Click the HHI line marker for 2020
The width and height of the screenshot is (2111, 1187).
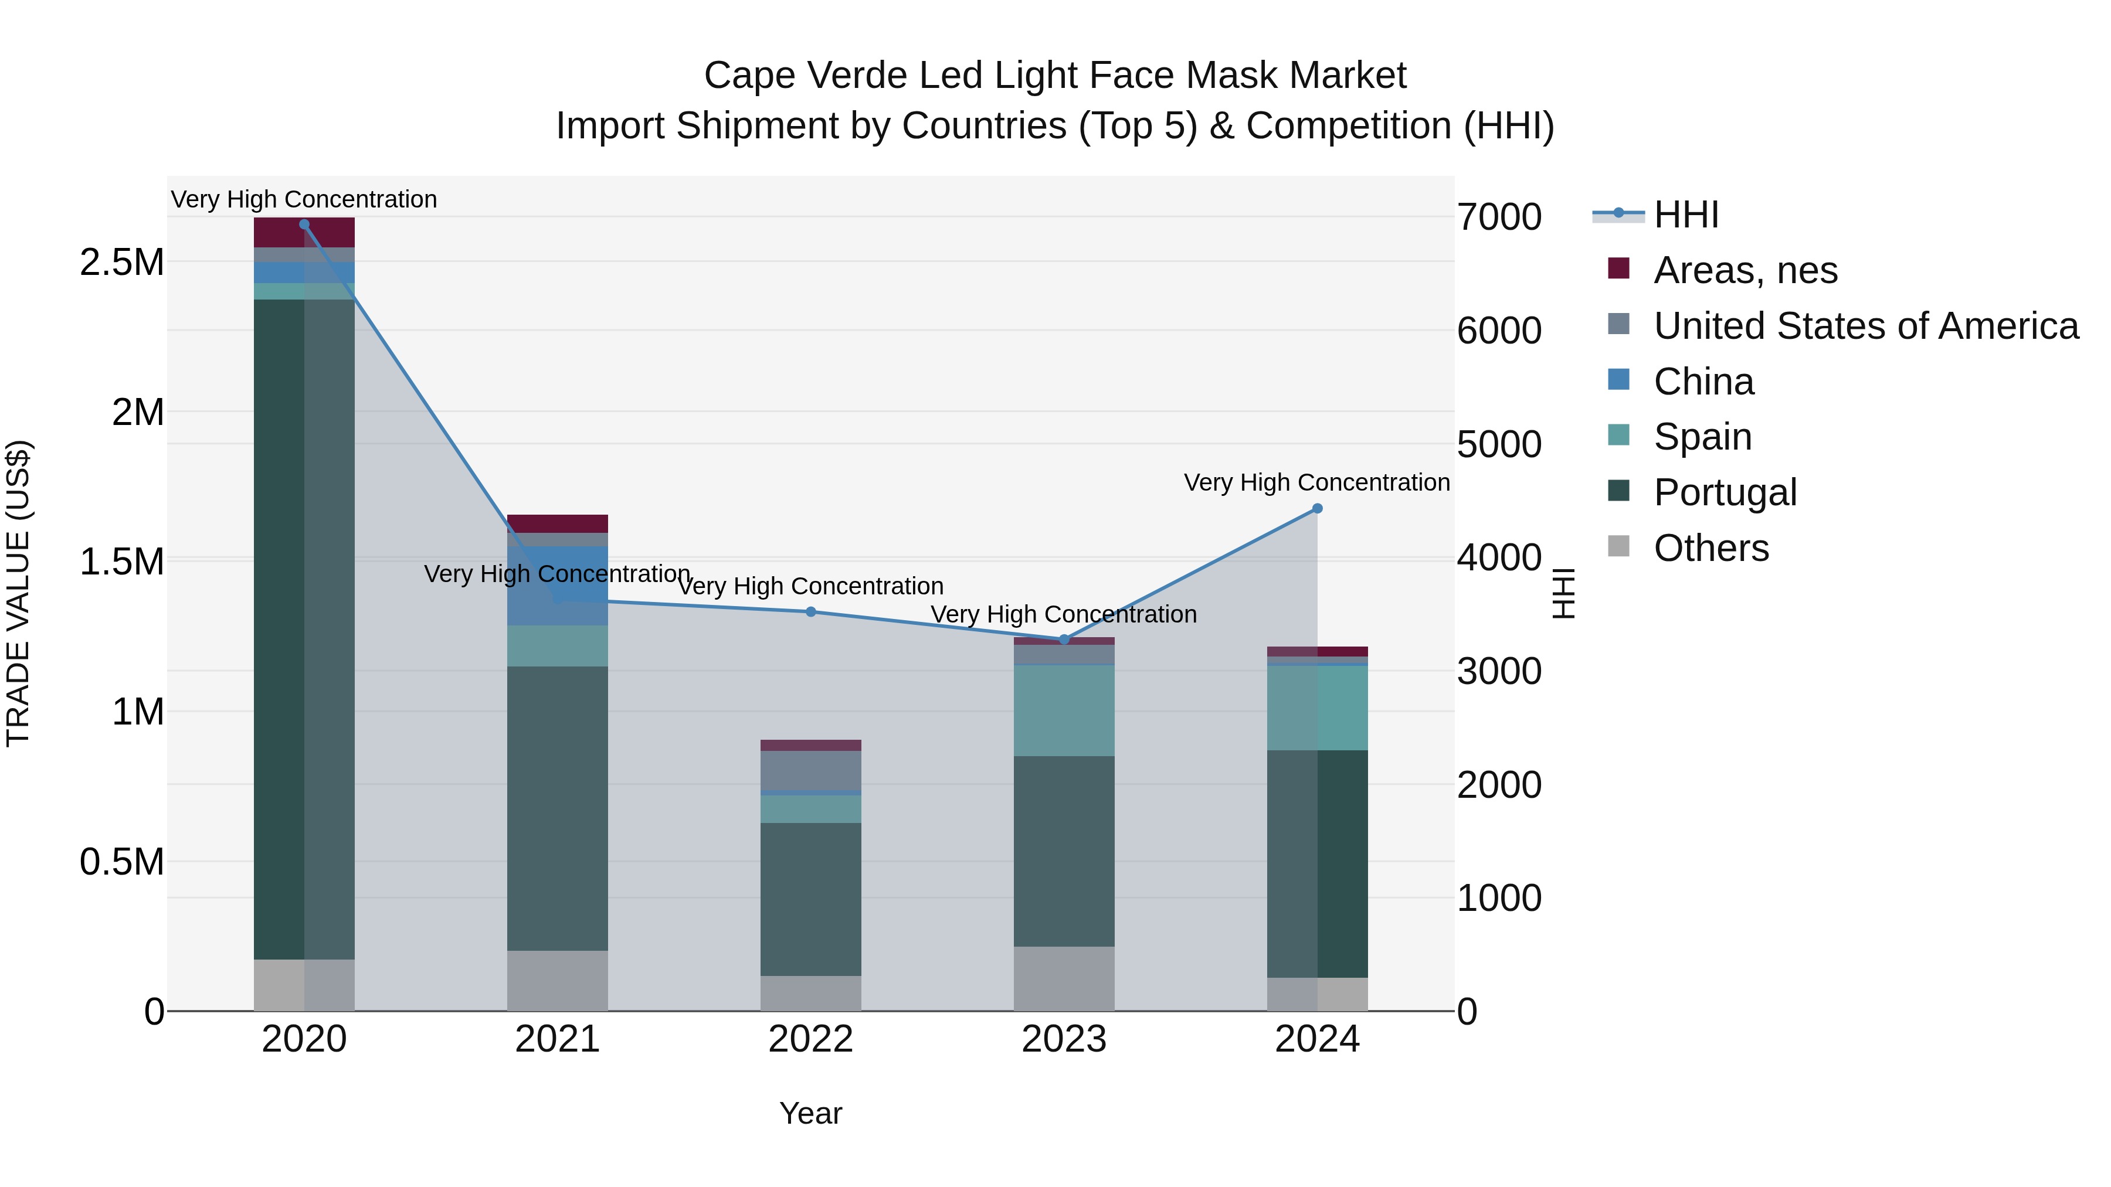click(304, 225)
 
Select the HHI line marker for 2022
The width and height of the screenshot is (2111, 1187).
click(810, 612)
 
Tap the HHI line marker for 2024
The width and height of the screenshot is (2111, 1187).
click(1317, 509)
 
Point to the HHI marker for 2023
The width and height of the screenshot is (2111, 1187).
click(1064, 639)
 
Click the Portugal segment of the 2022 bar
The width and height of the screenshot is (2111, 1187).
click(810, 899)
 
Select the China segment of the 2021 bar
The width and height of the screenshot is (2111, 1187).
click(557, 586)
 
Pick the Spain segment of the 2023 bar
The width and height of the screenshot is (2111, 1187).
click(1064, 709)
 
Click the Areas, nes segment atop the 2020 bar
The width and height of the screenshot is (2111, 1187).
click(304, 233)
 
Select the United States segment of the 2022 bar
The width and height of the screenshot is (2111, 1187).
click(810, 770)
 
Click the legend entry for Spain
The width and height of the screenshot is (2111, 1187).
click(1702, 437)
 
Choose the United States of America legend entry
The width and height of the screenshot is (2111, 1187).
click(1865, 326)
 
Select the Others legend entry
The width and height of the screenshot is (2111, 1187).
click(1710, 548)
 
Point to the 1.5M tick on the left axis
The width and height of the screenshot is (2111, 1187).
click(121, 562)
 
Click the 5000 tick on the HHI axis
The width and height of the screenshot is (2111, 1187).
click(1499, 445)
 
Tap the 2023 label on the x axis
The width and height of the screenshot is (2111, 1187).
click(1064, 1039)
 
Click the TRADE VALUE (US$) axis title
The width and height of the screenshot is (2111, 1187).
click(18, 593)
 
